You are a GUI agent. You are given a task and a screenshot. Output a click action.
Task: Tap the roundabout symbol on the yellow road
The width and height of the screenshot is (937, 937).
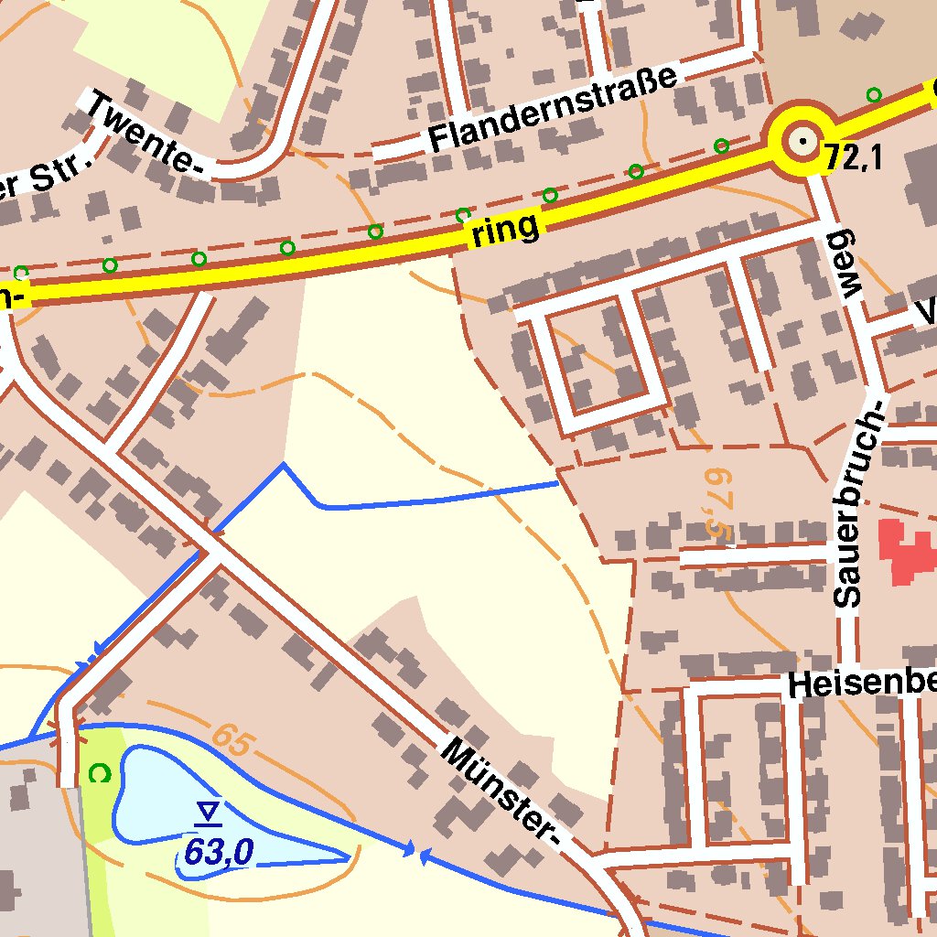point(802,142)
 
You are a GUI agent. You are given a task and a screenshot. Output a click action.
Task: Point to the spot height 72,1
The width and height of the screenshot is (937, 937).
point(852,159)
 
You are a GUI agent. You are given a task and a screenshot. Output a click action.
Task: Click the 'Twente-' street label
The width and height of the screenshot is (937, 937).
point(145,133)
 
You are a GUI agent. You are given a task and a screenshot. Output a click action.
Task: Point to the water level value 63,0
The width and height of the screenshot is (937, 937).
point(217,853)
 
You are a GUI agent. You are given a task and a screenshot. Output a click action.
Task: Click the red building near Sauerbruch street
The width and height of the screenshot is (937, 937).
point(906,551)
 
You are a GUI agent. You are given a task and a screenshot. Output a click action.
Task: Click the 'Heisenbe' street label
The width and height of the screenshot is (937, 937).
point(861,684)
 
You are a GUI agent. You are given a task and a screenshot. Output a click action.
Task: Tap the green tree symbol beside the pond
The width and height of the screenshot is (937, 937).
point(100,774)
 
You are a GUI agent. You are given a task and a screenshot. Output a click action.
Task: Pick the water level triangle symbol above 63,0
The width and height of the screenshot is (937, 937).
point(210,812)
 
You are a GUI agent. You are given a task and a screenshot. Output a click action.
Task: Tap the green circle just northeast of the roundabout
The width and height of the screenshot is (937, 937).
point(874,94)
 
